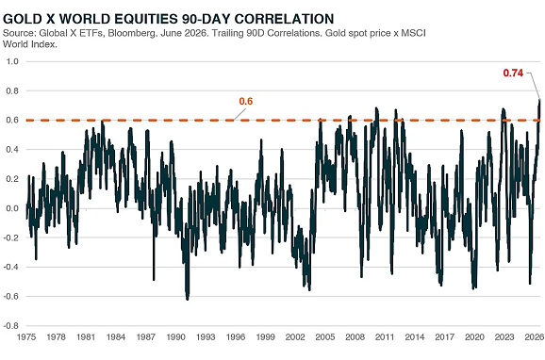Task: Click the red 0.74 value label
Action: (513, 73)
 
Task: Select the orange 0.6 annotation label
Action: (246, 101)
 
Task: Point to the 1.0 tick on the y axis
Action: (12, 61)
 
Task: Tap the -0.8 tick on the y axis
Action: (10, 326)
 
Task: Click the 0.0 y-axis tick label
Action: (12, 208)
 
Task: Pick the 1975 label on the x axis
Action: (26, 336)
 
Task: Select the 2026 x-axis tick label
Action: (535, 336)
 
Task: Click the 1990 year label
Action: (176, 336)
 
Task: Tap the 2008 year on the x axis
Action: (355, 336)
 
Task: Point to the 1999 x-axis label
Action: (266, 336)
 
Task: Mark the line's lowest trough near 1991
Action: (188, 299)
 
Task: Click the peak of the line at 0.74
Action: (539, 100)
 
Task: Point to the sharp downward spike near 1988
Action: (154, 279)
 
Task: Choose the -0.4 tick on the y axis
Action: (10, 267)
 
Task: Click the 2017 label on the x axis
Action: (444, 336)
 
